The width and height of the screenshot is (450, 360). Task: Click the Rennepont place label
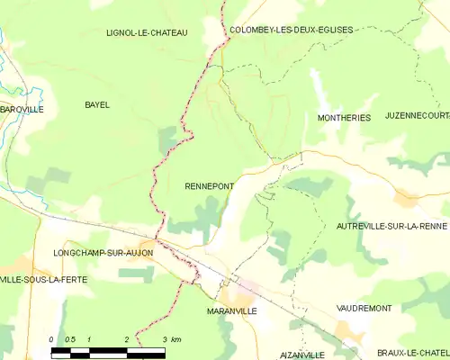click(x=210, y=186)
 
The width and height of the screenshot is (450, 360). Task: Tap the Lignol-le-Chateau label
click(x=146, y=33)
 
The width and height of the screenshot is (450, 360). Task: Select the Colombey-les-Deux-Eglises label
click(x=292, y=30)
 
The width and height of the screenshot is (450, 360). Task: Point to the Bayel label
click(x=96, y=105)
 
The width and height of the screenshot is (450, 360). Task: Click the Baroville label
click(x=22, y=109)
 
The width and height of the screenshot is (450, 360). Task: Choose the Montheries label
click(x=344, y=118)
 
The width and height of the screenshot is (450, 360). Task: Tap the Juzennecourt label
click(x=417, y=116)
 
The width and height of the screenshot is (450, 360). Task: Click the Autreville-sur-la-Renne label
click(x=391, y=226)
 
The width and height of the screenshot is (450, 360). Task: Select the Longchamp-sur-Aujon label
click(x=103, y=253)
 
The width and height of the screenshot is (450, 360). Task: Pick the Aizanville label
click(x=301, y=355)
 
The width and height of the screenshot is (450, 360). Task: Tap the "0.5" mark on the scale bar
click(x=70, y=339)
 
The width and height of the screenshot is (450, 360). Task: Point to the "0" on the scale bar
click(x=52, y=339)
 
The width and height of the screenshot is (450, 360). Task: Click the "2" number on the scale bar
click(x=126, y=339)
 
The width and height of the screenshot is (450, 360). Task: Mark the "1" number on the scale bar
click(x=89, y=339)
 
